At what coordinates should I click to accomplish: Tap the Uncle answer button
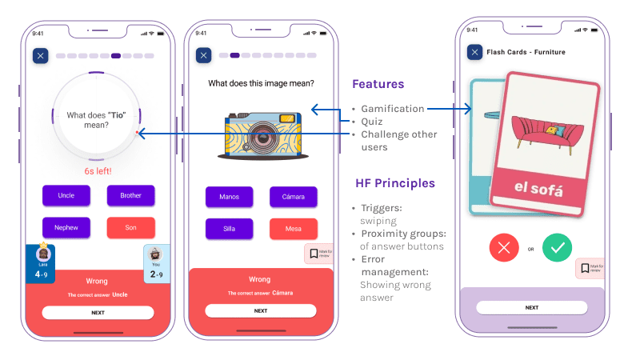tap(66, 195)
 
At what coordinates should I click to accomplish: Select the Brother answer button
tap(130, 195)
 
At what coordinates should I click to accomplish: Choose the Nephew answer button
tap(66, 228)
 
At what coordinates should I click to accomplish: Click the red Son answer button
tap(130, 228)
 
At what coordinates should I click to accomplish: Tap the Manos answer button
tap(230, 197)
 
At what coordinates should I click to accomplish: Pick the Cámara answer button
tap(293, 197)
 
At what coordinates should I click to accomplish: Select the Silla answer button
tap(230, 230)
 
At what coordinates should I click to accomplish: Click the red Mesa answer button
tap(293, 230)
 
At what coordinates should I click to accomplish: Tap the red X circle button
tap(504, 248)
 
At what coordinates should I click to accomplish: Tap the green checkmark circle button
tap(558, 248)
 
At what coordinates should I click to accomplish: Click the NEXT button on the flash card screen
tap(531, 307)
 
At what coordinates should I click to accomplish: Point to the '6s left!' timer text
tap(98, 171)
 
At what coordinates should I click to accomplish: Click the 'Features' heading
tap(378, 84)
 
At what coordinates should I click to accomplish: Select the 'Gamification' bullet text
tap(392, 109)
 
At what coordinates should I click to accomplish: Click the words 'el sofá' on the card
tap(538, 190)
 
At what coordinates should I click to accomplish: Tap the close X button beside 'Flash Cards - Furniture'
tap(474, 53)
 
